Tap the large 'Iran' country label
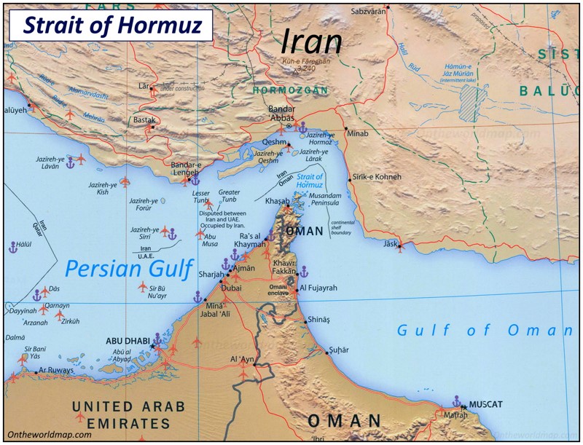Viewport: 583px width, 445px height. point(311,42)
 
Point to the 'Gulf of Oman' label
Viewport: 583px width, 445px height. point(485,331)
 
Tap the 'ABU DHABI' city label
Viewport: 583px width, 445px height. point(128,340)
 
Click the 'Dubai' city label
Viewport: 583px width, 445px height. point(230,288)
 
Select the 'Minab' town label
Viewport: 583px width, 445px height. point(358,135)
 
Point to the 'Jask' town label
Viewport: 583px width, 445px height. point(391,243)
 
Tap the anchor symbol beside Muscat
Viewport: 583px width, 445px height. point(457,401)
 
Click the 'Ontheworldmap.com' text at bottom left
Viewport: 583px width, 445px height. point(50,434)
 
